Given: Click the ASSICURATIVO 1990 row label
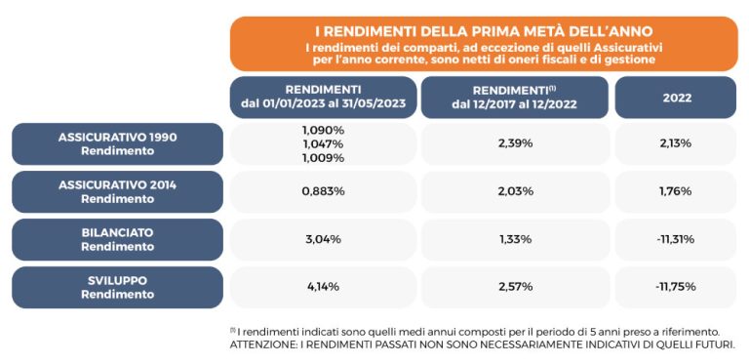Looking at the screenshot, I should coord(117,143).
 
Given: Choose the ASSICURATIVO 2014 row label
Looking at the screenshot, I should coord(117,191).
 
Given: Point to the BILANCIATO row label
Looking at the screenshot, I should coord(117,239).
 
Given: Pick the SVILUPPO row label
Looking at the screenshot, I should coord(117,287).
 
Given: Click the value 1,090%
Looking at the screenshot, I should coord(323,130).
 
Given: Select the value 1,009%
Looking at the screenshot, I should coord(323,157).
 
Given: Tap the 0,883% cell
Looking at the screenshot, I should coord(323,191).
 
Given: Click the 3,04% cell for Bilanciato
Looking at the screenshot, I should coord(323,239).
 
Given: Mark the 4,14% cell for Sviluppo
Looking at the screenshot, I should coord(323,287).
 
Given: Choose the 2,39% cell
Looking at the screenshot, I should coord(514,143).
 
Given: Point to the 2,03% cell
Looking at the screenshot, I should coord(514,191).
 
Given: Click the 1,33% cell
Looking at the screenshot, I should coord(514,239).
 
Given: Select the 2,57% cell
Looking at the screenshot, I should coord(514,287).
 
